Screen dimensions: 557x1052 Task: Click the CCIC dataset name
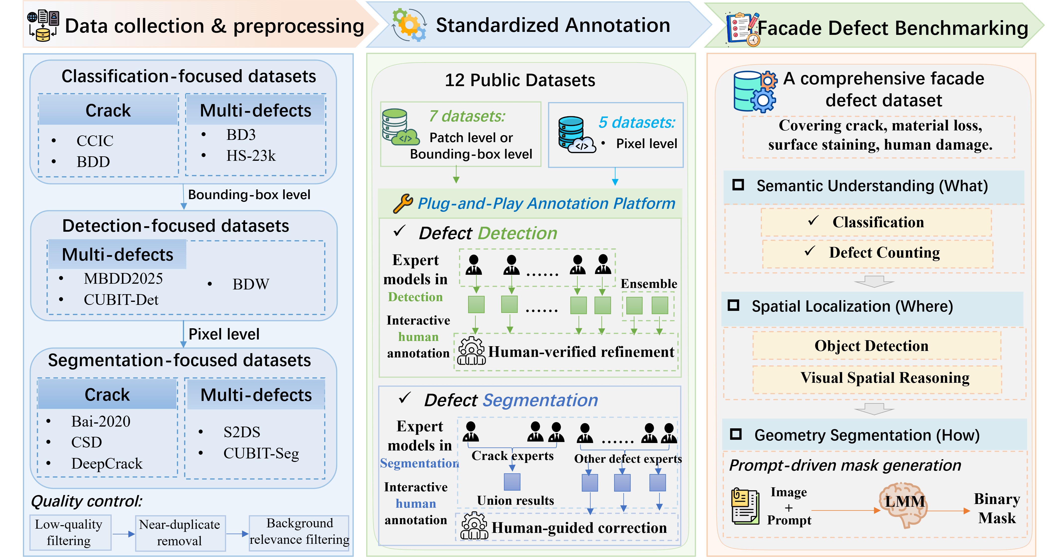tap(95, 141)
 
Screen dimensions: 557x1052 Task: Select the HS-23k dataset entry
tap(251, 156)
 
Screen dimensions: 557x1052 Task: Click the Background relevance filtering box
tap(299, 532)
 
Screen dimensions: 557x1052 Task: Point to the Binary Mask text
tap(997, 508)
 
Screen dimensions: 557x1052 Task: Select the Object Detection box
tap(876, 346)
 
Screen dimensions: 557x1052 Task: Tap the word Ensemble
tap(649, 284)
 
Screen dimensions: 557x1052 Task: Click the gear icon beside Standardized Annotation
tap(409, 25)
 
